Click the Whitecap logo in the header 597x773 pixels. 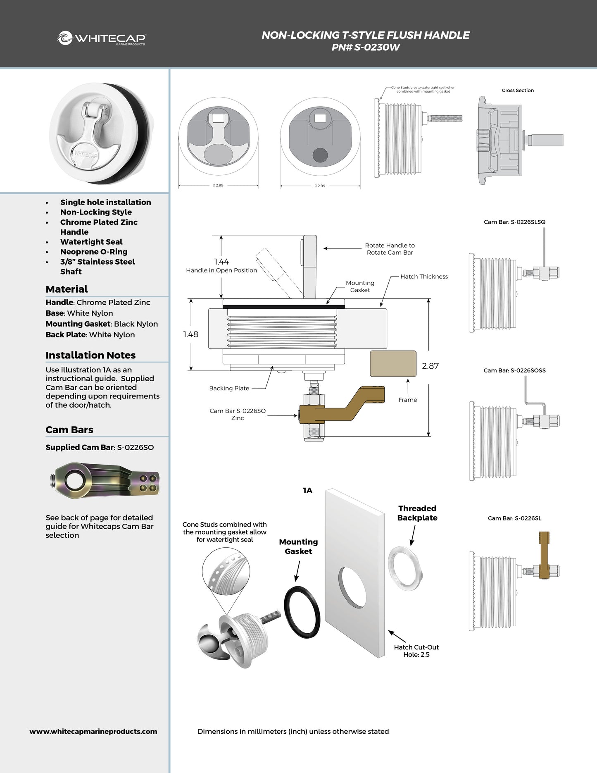[x=101, y=38]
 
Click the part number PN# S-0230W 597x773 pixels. [x=365, y=47]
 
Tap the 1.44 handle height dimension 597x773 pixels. [x=221, y=262]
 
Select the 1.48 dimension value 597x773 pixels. [x=190, y=334]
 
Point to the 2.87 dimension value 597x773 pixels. [x=430, y=366]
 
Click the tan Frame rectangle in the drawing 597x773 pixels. [x=393, y=364]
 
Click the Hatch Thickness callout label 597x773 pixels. [x=424, y=277]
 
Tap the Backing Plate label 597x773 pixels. [x=229, y=388]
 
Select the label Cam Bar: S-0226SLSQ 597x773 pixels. [x=514, y=222]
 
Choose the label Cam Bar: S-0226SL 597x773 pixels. [x=514, y=518]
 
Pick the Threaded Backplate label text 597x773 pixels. [x=417, y=513]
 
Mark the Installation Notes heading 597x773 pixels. [x=90, y=355]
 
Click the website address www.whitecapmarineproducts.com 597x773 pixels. [x=93, y=731]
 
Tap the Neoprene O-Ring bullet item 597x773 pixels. [x=94, y=252]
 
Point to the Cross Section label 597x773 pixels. [x=518, y=91]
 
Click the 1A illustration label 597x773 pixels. [x=307, y=491]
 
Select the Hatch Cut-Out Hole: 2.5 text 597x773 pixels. [x=416, y=651]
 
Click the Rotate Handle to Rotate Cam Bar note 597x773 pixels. [x=390, y=249]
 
